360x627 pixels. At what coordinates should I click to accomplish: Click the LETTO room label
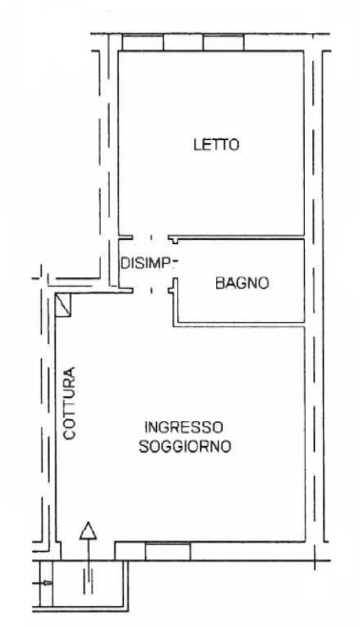(x=216, y=144)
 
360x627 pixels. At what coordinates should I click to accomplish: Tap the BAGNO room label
(x=242, y=283)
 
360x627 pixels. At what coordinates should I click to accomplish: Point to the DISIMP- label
(x=150, y=263)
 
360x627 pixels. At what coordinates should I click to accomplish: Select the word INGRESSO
(x=184, y=427)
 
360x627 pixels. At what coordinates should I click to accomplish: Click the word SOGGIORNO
(x=185, y=446)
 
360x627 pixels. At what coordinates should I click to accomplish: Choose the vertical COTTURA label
(x=70, y=403)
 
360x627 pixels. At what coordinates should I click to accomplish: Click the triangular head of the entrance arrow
(x=88, y=531)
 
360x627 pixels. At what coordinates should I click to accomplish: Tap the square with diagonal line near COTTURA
(x=63, y=305)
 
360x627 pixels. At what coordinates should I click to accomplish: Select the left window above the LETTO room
(x=143, y=43)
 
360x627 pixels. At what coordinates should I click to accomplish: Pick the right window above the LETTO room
(x=224, y=43)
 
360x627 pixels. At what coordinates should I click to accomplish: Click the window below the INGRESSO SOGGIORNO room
(x=168, y=551)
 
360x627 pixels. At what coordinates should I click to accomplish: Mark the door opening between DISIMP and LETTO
(x=151, y=237)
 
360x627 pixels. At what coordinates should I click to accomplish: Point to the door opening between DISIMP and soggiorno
(x=151, y=291)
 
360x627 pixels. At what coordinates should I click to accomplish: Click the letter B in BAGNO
(x=220, y=283)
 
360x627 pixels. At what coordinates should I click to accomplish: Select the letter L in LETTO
(x=197, y=144)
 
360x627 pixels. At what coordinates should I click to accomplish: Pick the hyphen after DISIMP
(x=176, y=263)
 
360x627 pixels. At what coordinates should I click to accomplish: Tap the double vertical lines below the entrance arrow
(x=88, y=580)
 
